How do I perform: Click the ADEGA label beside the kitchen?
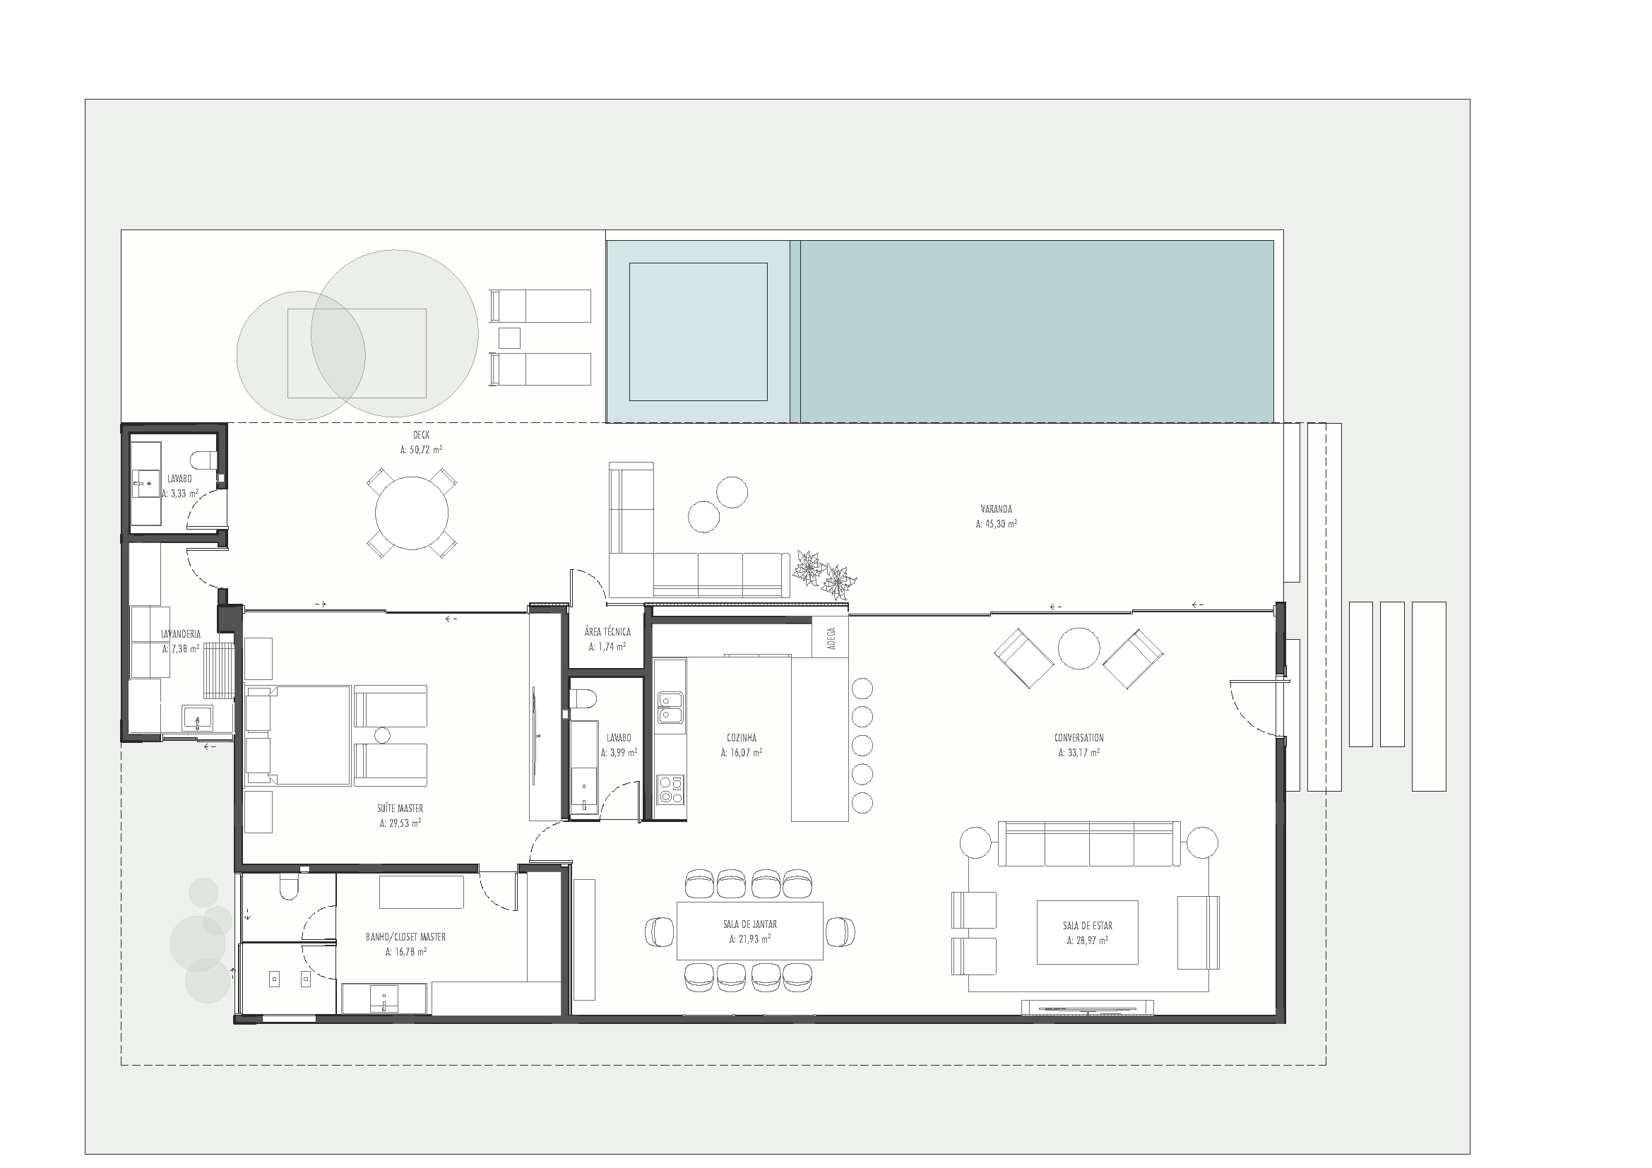pos(831,638)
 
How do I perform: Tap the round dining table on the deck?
pos(412,513)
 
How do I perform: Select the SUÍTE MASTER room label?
pos(400,809)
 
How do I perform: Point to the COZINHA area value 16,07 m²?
pos(741,753)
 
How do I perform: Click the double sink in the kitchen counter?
pos(670,706)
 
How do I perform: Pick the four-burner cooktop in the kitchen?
pos(670,789)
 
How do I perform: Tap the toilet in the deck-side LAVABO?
pos(203,459)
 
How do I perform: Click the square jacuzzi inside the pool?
pos(698,332)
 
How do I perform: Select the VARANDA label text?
pos(996,509)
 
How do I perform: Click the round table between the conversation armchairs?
pos(1078,648)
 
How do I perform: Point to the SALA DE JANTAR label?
pos(750,924)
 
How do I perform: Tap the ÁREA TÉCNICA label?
pos(607,632)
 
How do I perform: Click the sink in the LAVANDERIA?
pos(197,717)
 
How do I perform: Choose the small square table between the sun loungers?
pos(509,338)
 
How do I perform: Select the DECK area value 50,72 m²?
pos(421,451)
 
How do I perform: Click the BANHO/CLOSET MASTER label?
pos(406,937)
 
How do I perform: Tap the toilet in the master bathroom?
pos(289,889)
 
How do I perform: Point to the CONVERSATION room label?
pos(1078,738)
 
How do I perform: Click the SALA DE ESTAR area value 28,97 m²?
pos(1087,940)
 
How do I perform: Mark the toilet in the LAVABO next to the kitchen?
pos(583,699)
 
